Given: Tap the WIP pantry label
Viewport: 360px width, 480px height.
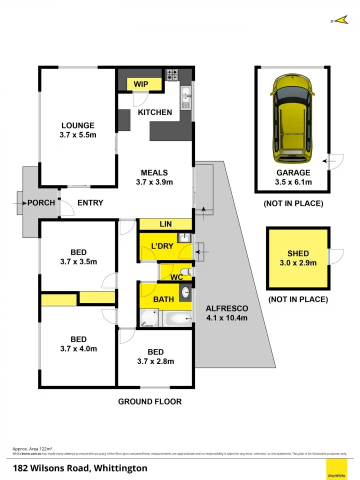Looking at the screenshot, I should (141, 84).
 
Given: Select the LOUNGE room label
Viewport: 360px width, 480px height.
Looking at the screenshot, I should (77, 125).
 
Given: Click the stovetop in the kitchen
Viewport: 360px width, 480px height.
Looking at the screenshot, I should (173, 74).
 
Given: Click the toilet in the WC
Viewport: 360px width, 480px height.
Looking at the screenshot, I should (185, 272).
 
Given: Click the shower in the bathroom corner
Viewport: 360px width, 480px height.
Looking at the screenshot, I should (148, 317).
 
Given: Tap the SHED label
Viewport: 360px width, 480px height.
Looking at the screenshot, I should (298, 253).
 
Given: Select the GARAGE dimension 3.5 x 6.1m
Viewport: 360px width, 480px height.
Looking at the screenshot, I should (293, 182).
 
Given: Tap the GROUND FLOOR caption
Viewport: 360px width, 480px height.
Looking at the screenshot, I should (149, 401).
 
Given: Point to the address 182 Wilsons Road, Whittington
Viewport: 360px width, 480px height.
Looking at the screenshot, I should (80, 468).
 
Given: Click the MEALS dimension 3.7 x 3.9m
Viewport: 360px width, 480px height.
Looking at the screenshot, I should (154, 182).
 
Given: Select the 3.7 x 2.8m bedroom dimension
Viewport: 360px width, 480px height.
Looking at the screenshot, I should (155, 361).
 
